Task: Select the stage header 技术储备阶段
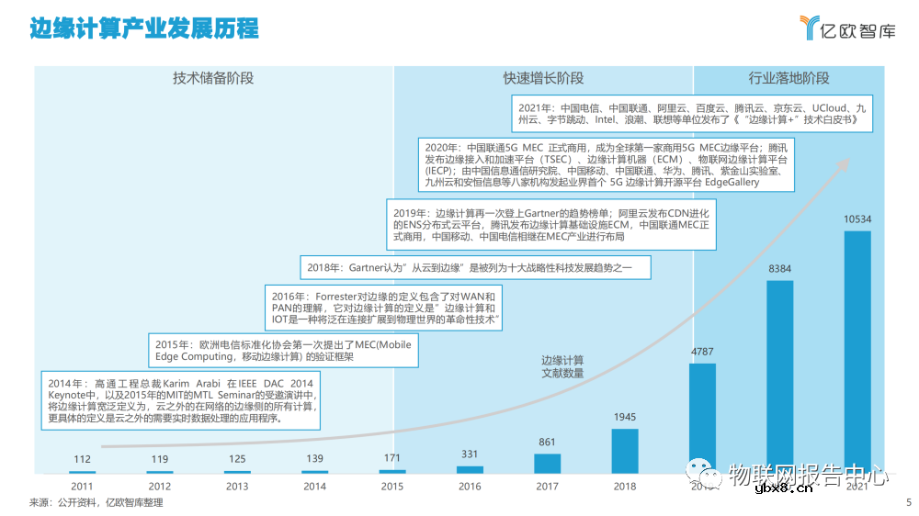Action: point(213,78)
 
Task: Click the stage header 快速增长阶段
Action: point(543,78)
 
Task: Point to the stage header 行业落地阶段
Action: point(789,78)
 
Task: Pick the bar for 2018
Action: point(625,451)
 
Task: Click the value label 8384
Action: point(780,269)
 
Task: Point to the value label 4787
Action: point(703,352)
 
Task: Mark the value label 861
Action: point(548,443)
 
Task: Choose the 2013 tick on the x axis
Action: point(237,487)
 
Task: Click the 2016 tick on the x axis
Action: point(470,487)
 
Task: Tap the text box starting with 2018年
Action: point(476,268)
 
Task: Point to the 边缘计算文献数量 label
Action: point(562,367)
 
